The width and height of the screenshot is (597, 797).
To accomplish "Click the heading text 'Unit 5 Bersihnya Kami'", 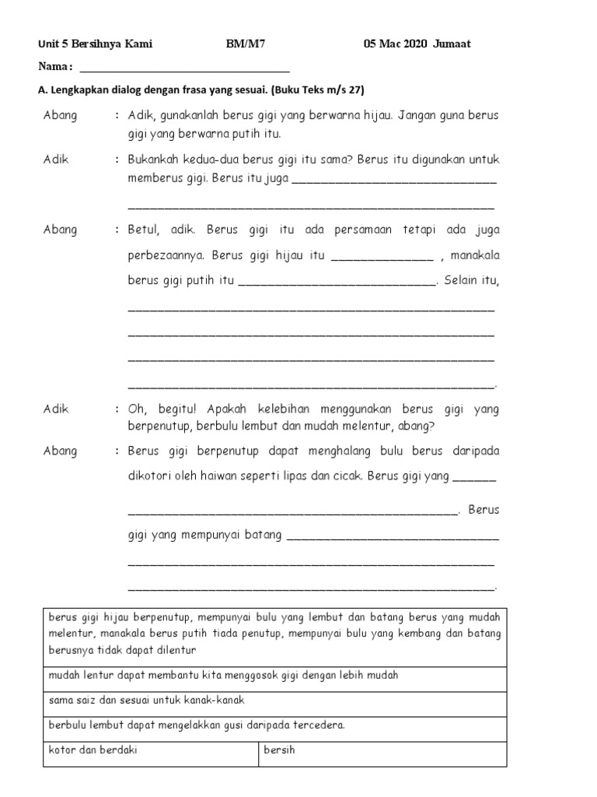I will [x=95, y=44].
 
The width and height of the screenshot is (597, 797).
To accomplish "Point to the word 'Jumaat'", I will [x=452, y=44].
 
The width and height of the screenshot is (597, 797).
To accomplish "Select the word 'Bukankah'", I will [x=154, y=160].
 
